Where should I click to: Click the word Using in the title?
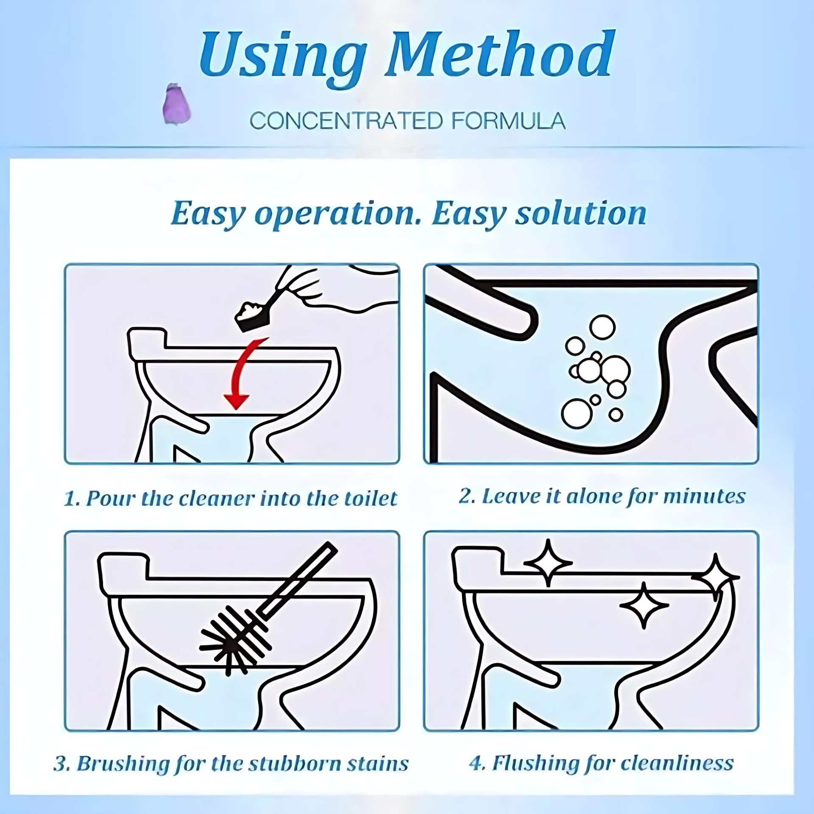(x=283, y=59)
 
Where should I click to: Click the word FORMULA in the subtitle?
(x=508, y=121)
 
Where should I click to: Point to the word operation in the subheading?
(x=337, y=214)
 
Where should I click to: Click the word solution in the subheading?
(x=580, y=213)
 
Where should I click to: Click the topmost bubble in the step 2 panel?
(x=602, y=327)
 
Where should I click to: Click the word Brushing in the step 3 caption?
(x=123, y=764)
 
